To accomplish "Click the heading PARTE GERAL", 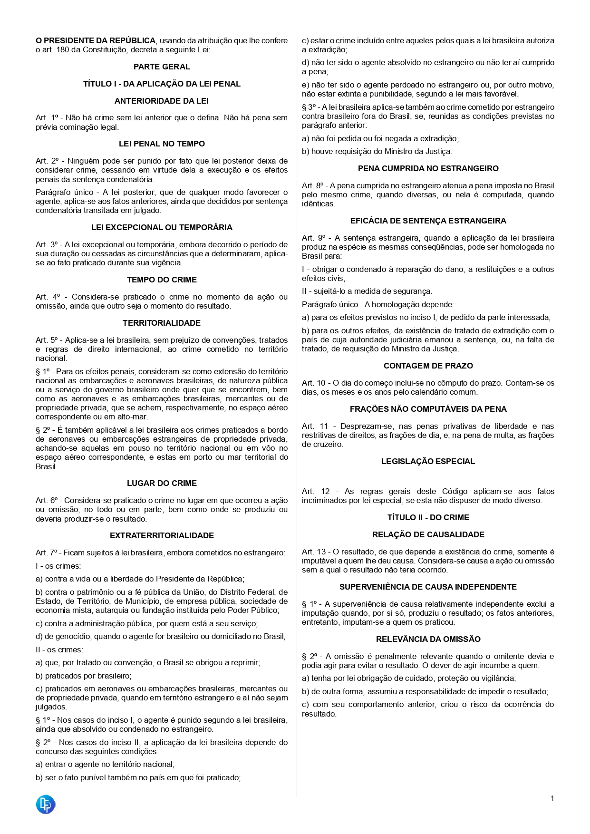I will pyautogui.click(x=162, y=67).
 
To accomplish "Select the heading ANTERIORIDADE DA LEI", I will pyautogui.click(x=162, y=101).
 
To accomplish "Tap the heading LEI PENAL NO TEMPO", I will pyautogui.click(x=162, y=144).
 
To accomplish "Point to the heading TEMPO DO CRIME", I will pyautogui.click(x=162, y=280).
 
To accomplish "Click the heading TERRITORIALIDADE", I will pyautogui.click(x=162, y=323).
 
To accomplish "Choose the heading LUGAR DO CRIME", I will pyautogui.click(x=162, y=483).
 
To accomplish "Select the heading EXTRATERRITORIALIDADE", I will pyautogui.click(x=162, y=535).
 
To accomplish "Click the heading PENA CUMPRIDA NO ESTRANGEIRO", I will pyautogui.click(x=428, y=168).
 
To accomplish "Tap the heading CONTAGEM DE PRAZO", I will pyautogui.click(x=428, y=366).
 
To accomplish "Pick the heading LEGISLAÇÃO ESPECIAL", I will pyautogui.click(x=428, y=461).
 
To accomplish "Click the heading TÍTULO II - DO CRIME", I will pyautogui.click(x=428, y=517).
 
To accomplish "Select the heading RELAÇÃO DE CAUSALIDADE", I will pyautogui.click(x=428, y=534).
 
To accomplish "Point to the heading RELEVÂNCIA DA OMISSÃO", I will pyautogui.click(x=428, y=639).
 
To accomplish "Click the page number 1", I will pyautogui.click(x=552, y=798).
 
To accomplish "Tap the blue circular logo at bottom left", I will pyautogui.click(x=46, y=804).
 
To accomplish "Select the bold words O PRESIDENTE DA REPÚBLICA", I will pyautogui.click(x=96, y=41).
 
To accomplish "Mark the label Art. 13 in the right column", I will pyautogui.click(x=314, y=552).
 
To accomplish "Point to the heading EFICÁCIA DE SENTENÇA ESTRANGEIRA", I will pyautogui.click(x=428, y=221).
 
